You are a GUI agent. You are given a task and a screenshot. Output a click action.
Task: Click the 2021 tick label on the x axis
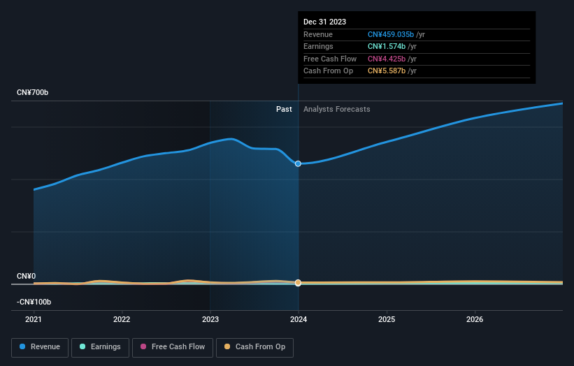[x=34, y=320]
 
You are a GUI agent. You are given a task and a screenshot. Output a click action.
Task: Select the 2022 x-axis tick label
[x=122, y=320]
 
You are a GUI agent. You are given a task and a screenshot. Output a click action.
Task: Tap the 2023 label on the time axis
[x=210, y=320]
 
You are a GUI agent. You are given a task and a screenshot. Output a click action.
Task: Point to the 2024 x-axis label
[x=299, y=320]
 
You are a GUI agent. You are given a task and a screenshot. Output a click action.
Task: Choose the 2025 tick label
[x=387, y=320]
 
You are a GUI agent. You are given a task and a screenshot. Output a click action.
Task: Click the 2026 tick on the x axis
[x=475, y=320]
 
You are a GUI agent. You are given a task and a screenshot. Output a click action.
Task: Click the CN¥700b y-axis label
[x=33, y=93]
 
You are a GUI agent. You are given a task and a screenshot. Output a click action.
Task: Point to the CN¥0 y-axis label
[x=27, y=277]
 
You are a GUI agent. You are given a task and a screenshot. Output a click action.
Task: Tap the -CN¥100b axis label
[x=34, y=302]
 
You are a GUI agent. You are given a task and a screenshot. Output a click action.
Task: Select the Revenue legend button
[x=40, y=347]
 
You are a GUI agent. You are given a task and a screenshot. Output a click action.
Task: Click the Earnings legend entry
[x=99, y=347]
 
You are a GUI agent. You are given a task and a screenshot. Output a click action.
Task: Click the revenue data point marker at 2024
[x=299, y=163]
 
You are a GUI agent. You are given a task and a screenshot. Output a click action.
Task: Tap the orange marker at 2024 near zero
[x=299, y=283]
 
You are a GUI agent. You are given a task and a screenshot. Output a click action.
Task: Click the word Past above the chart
[x=284, y=109]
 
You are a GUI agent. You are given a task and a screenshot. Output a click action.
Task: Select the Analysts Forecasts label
[x=336, y=109]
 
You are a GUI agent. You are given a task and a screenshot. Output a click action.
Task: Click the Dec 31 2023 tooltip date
[x=324, y=22]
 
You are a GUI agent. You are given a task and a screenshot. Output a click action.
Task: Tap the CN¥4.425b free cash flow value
[x=387, y=59]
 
